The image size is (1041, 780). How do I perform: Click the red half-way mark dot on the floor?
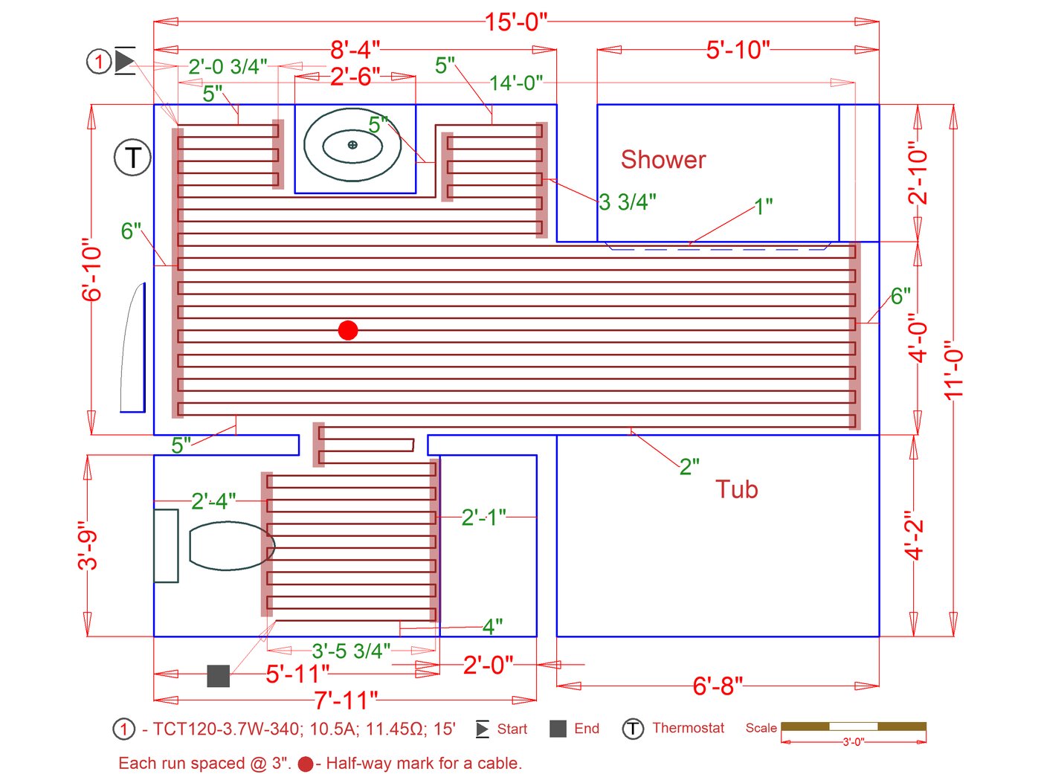(348, 330)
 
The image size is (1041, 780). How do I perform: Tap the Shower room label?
(663, 160)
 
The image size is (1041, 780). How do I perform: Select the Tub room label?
(736, 489)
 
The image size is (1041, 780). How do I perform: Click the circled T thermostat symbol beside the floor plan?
(132, 158)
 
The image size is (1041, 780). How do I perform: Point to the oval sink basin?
(352, 145)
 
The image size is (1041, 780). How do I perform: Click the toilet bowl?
(231, 546)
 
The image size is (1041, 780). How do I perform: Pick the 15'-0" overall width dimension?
(516, 22)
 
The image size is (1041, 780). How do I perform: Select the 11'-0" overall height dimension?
(955, 370)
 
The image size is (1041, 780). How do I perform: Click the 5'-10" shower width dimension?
(738, 50)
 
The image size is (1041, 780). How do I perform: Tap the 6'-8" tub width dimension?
(718, 686)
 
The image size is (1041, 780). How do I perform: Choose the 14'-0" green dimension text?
(516, 83)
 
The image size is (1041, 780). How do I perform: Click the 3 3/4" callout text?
(628, 202)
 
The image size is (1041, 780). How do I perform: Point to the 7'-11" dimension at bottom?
(346, 700)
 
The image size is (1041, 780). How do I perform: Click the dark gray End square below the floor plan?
(218, 676)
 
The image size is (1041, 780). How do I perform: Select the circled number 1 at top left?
(99, 61)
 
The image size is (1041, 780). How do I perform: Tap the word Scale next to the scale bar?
(761, 728)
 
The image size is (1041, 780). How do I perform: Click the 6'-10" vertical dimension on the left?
(91, 269)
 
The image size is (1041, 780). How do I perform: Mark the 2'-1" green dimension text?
(483, 517)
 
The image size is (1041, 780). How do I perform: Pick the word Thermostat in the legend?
(688, 728)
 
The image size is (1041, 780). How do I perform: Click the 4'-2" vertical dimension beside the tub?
(915, 535)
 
